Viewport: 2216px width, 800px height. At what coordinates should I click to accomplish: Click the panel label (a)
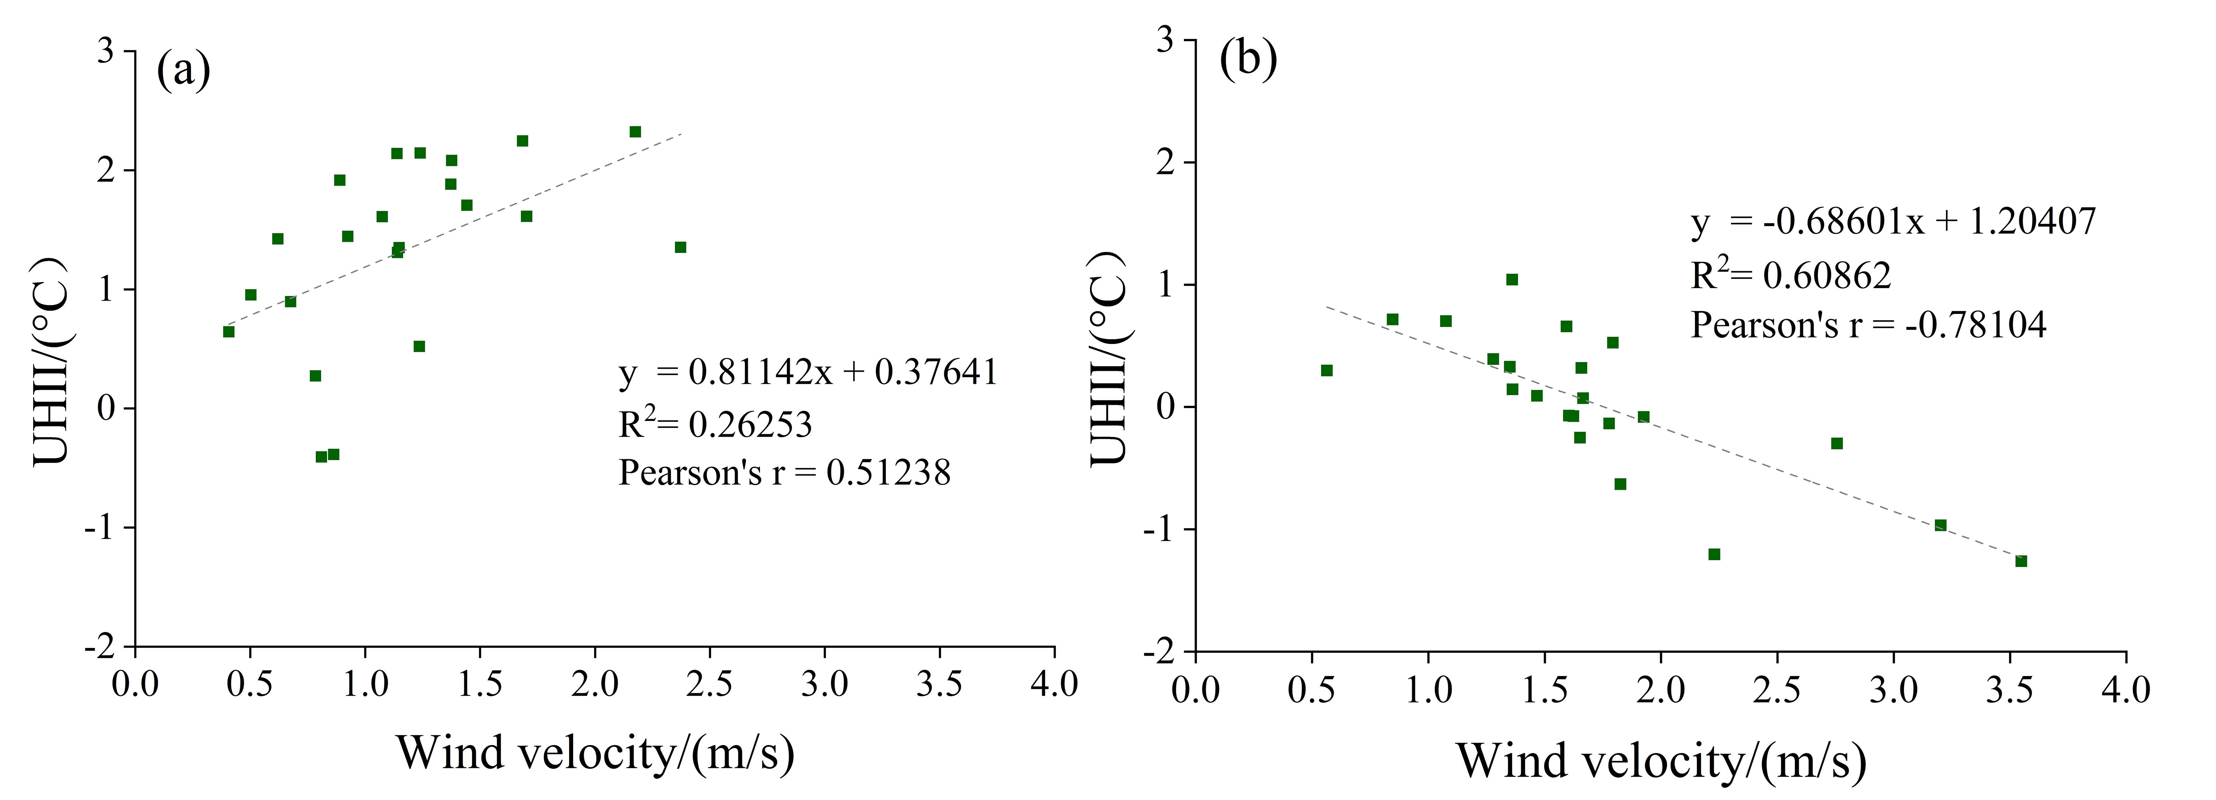(x=183, y=71)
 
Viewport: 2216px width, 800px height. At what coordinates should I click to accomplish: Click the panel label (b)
(x=1248, y=59)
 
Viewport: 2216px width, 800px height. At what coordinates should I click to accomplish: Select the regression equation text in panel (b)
(x=1893, y=222)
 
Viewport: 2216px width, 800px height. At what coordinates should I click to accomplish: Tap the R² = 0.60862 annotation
(x=1791, y=275)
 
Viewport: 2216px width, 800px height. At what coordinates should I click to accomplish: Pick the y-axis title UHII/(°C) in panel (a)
(x=52, y=361)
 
